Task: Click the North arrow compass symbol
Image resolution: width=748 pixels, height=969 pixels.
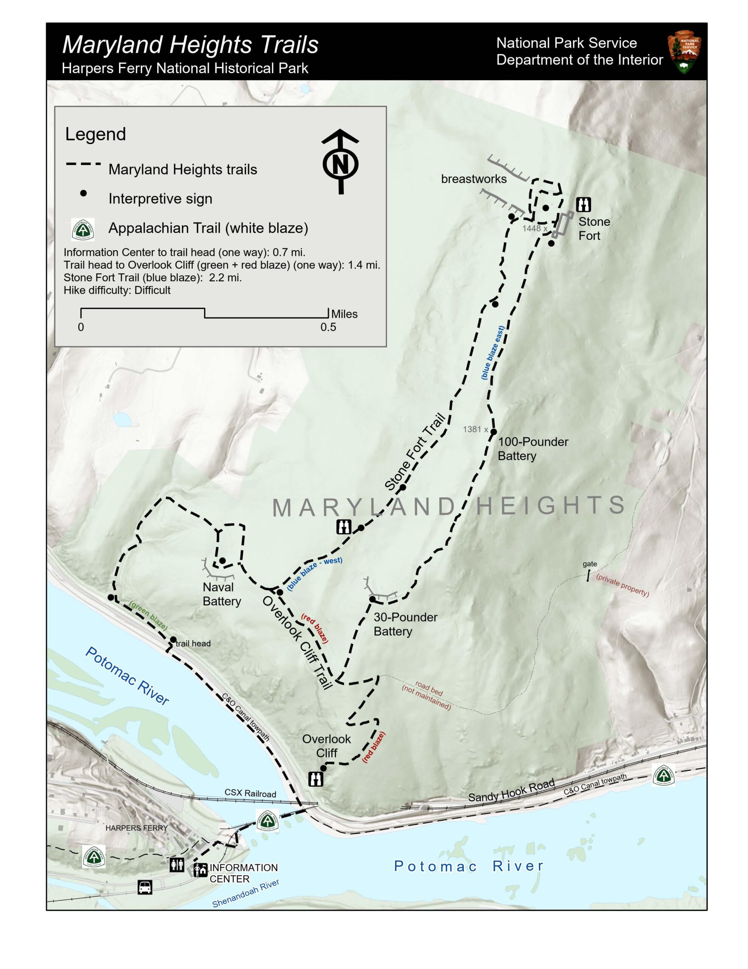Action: pyautogui.click(x=340, y=162)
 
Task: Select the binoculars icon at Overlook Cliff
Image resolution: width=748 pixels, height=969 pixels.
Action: pyautogui.click(x=315, y=779)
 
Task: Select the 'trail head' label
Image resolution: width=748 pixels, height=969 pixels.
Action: pyautogui.click(x=193, y=643)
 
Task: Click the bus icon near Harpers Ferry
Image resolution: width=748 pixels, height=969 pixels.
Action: pyautogui.click(x=144, y=887)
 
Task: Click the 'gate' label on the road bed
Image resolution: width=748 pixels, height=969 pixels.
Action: pyautogui.click(x=589, y=564)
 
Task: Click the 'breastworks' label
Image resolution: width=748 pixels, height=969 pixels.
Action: pyautogui.click(x=473, y=179)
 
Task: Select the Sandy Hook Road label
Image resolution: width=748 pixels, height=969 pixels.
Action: pyautogui.click(x=511, y=791)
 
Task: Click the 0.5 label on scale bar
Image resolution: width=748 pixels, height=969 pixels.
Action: pyautogui.click(x=328, y=327)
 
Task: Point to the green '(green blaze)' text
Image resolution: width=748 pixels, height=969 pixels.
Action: pyautogui.click(x=149, y=615)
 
